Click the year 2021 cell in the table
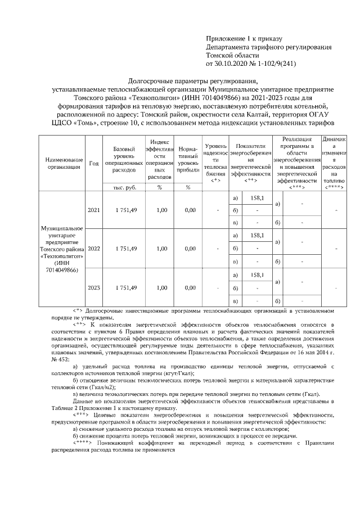pos(93,210)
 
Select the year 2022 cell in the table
pos(93,248)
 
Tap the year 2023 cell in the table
pos(93,287)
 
